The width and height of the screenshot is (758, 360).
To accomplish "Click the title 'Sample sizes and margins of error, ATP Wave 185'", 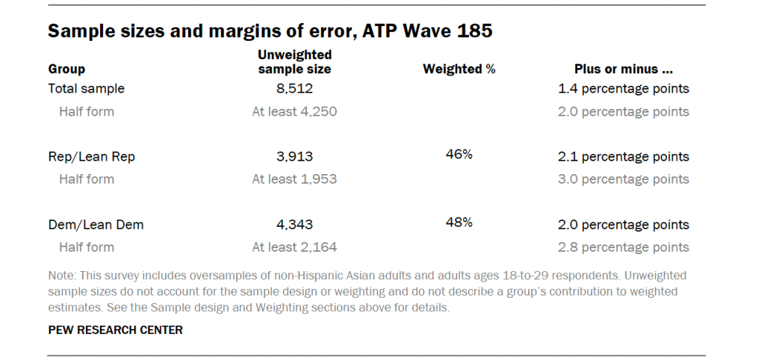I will (x=270, y=31).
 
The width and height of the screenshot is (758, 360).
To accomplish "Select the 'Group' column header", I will (x=67, y=69).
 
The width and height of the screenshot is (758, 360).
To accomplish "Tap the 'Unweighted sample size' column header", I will (x=294, y=62).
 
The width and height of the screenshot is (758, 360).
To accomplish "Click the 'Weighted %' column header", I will (x=459, y=69).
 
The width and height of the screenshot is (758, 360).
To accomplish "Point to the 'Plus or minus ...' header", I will (x=623, y=69).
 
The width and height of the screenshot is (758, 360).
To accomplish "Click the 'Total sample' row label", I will (x=86, y=89).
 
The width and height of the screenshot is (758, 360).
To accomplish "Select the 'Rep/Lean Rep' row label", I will (x=92, y=156).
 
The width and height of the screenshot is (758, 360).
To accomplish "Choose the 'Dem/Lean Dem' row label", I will (x=96, y=224).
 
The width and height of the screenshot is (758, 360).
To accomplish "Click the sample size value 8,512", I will (x=295, y=89).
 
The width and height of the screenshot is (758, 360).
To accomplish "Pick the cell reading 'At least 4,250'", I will (x=295, y=112).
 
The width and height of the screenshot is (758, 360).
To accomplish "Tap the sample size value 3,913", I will (x=295, y=156).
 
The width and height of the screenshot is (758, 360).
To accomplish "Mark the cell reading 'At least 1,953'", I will (x=295, y=179).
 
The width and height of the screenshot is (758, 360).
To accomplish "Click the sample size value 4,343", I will (x=295, y=224).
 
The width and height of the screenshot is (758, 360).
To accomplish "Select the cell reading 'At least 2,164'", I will (x=295, y=247).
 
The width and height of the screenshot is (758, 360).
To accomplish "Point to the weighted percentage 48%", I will (x=459, y=221).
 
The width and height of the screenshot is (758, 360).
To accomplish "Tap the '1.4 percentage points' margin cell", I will (x=623, y=89).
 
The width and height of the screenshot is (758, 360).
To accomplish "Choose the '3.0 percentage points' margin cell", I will (x=623, y=179).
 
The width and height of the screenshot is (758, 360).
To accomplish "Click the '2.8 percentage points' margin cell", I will (x=623, y=247).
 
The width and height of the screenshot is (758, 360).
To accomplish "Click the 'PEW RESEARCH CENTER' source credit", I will (x=115, y=330).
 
